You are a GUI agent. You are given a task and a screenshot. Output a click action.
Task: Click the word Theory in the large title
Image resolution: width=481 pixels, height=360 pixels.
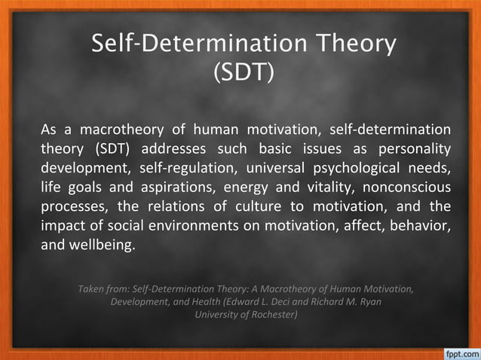pyautogui.click(x=348, y=44)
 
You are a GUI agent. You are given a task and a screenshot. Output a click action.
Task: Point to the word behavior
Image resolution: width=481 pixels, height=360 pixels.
pyautogui.click(x=418, y=226)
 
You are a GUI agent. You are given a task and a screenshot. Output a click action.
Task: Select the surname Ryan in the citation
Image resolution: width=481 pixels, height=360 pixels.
pyautogui.click(x=370, y=301)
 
